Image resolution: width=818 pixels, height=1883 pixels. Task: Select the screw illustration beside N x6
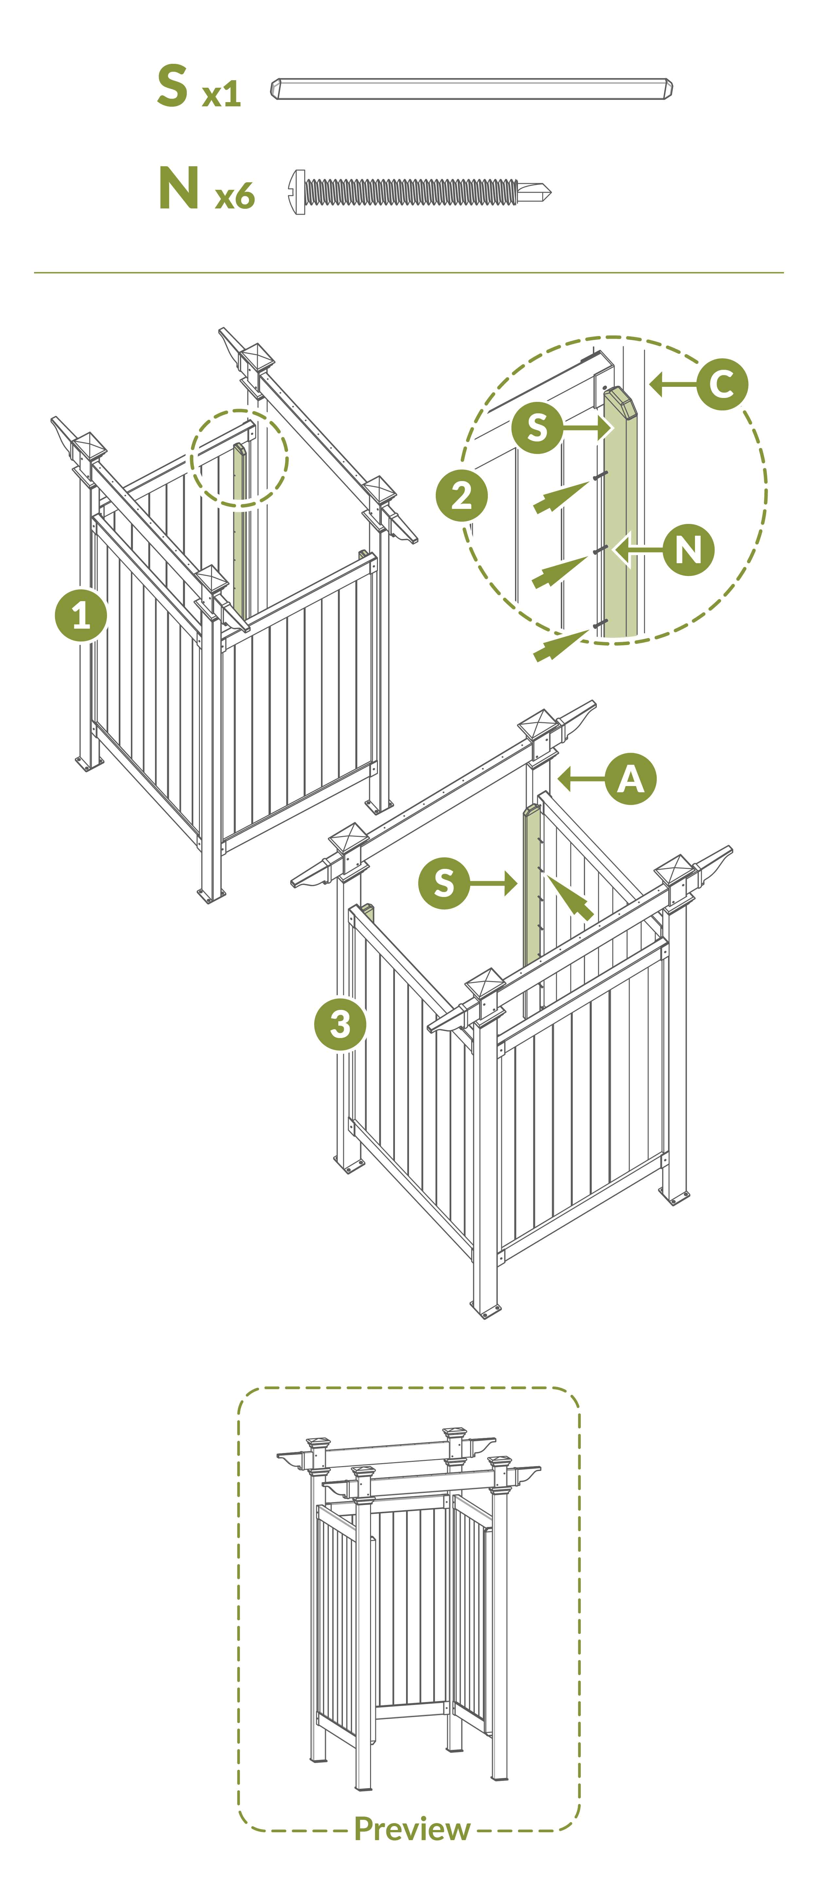click(419, 192)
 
